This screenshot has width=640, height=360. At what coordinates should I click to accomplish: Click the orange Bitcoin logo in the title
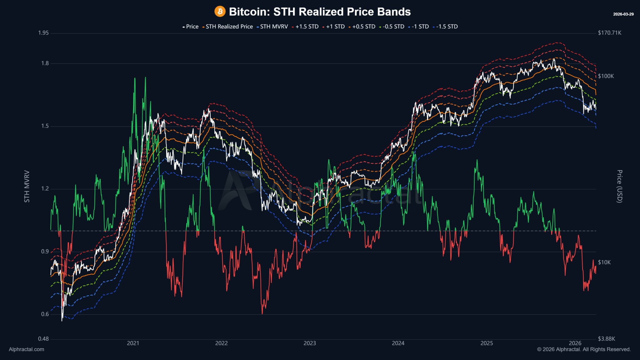(220, 12)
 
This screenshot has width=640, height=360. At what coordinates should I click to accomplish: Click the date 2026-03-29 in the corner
(623, 14)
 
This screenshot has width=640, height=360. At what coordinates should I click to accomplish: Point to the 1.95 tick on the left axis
(43, 33)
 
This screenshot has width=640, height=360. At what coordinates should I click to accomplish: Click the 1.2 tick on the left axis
(45, 188)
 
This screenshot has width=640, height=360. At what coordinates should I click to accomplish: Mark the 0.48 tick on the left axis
(43, 339)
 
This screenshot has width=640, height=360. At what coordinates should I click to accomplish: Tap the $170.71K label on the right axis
(609, 33)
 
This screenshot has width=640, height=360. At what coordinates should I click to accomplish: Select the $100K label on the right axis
(606, 76)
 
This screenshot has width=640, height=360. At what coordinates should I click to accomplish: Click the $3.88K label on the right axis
(606, 339)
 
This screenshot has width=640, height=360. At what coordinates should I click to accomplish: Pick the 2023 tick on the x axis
(310, 343)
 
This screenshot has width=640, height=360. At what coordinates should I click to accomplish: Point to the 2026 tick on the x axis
(575, 343)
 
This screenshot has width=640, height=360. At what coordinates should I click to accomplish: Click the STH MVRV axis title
(27, 186)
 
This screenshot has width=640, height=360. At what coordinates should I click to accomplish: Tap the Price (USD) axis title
(619, 186)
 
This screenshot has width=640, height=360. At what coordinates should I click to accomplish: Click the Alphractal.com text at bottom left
(26, 349)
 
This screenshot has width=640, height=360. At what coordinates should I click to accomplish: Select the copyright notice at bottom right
(584, 349)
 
